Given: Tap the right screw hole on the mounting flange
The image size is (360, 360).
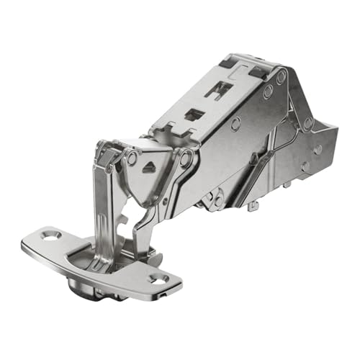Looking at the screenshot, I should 158,277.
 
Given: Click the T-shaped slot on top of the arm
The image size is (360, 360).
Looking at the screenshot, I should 219,89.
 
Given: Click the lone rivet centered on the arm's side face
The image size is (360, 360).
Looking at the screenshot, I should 235,123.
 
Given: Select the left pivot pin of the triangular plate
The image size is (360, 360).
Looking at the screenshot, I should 132,158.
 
